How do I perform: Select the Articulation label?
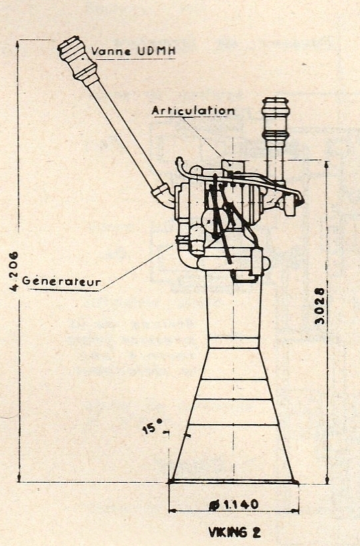193,111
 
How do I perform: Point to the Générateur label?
61,281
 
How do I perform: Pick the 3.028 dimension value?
319,306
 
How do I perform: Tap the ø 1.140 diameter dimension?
234,504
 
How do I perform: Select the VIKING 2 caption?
234,532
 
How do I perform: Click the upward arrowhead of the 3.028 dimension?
326,164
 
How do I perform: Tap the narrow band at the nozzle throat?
234,343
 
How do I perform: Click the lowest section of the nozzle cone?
233,453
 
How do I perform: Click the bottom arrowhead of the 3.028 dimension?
327,479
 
